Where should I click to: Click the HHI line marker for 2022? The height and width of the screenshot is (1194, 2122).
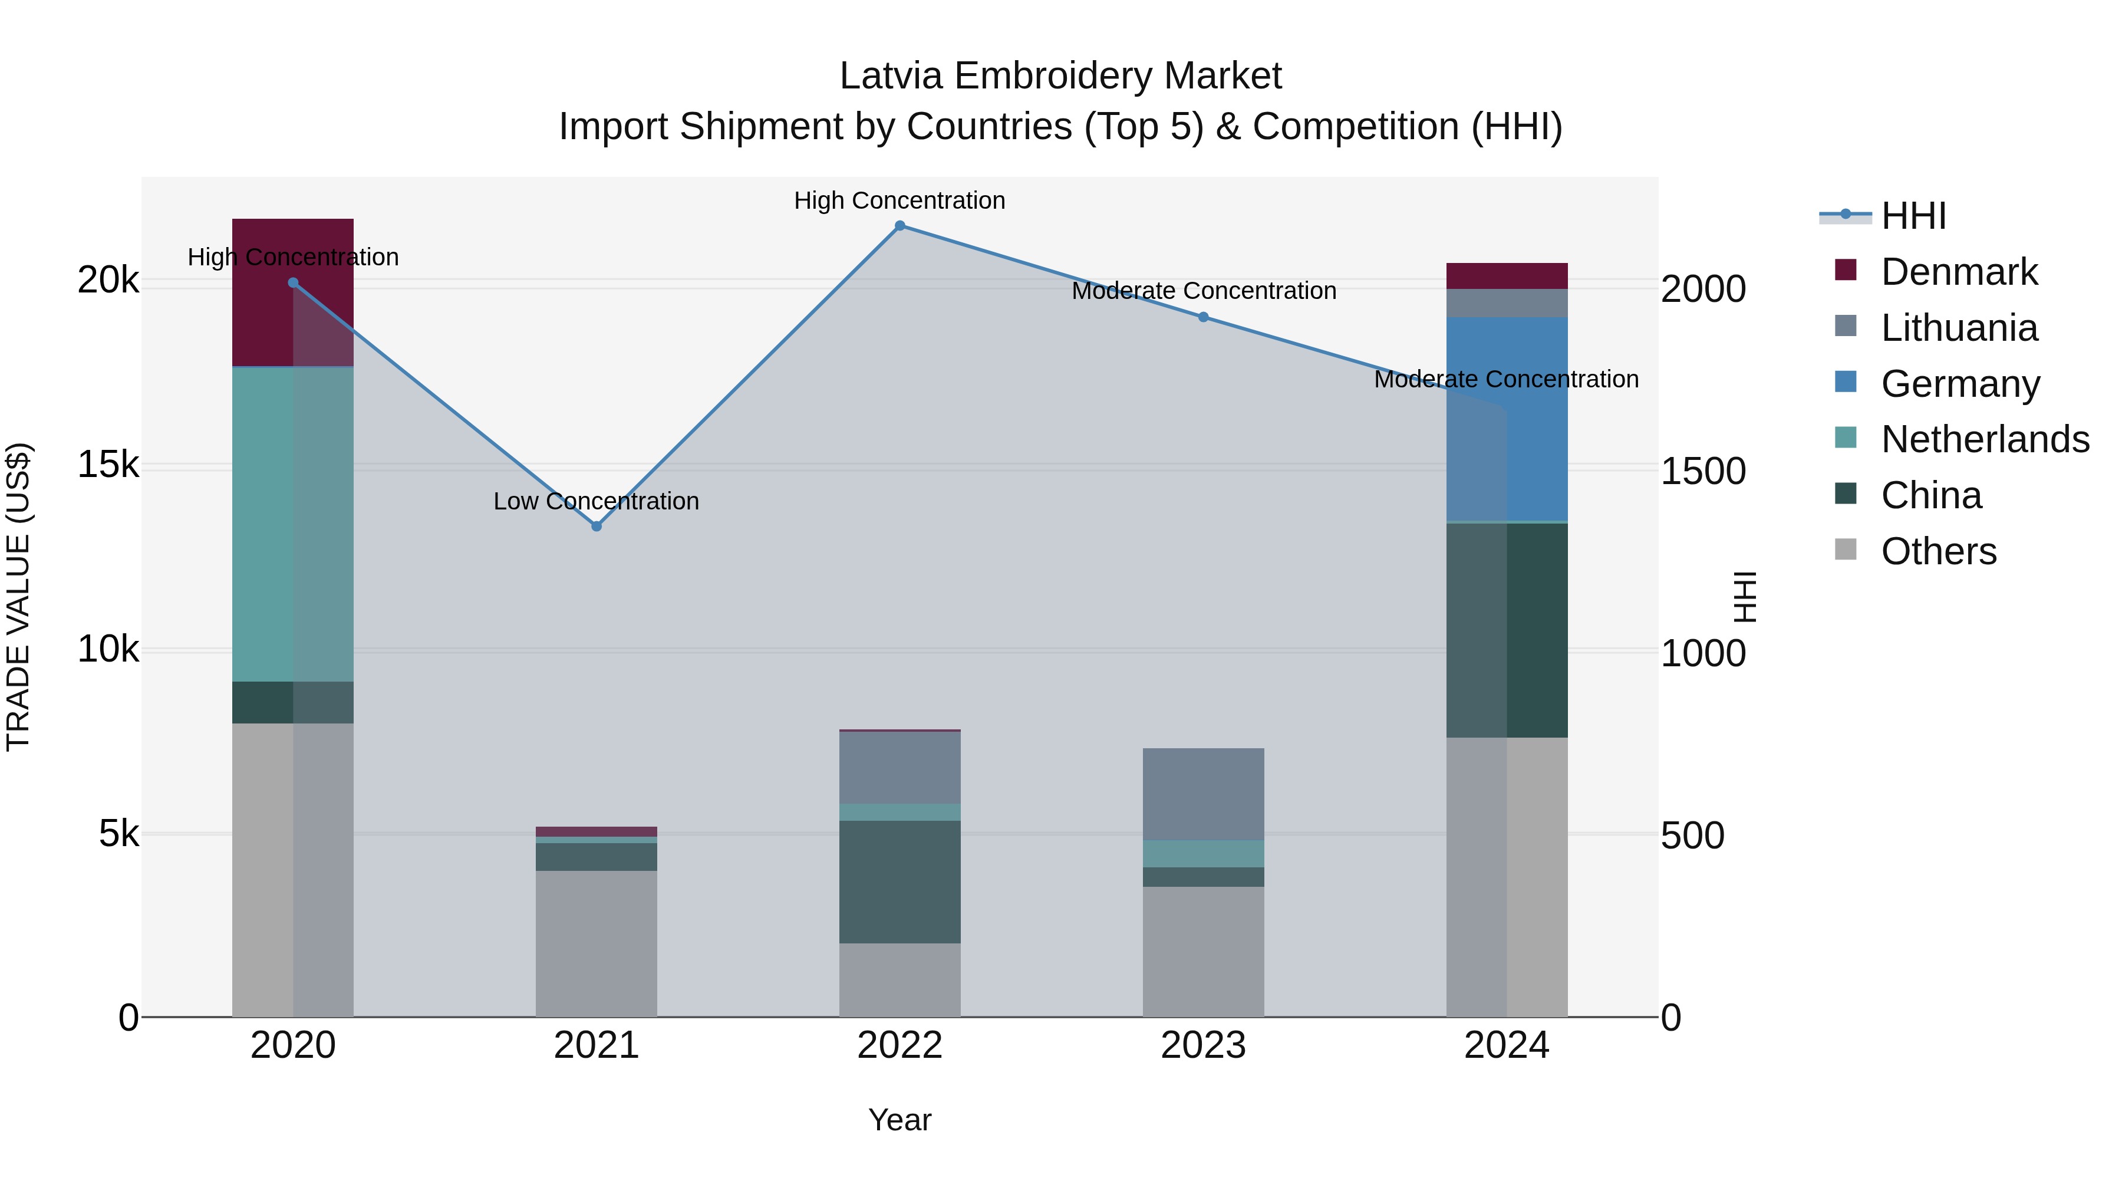click(899, 226)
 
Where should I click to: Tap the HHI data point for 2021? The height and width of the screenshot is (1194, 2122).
click(597, 526)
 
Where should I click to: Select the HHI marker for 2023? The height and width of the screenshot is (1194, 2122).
click(1202, 317)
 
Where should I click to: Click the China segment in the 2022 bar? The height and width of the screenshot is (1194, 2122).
click(899, 881)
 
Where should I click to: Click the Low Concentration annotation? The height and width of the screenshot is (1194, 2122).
click(597, 501)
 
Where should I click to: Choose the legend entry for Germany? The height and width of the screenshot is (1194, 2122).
click(1960, 384)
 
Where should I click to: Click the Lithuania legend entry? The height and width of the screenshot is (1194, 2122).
click(1959, 328)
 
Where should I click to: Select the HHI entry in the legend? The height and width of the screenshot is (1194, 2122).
click(1913, 216)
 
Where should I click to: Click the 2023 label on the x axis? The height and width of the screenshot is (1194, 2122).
click(1202, 1045)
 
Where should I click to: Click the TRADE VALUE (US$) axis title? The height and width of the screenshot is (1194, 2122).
click(18, 597)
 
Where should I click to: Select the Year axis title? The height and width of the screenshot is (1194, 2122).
click(899, 1120)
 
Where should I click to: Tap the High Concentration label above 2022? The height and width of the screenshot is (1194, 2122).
click(899, 200)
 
